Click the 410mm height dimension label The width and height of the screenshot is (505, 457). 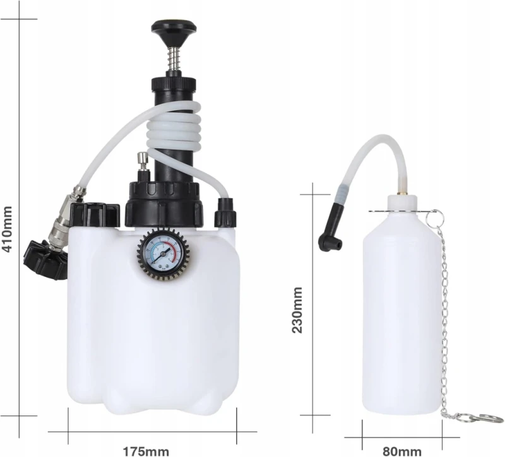click(x=8, y=229)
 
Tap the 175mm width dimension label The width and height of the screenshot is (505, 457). click(x=146, y=451)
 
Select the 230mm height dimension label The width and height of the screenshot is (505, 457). click(x=297, y=309)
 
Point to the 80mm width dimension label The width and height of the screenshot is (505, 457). click(x=402, y=451)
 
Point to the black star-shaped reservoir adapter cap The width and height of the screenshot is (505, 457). click(x=45, y=259)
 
